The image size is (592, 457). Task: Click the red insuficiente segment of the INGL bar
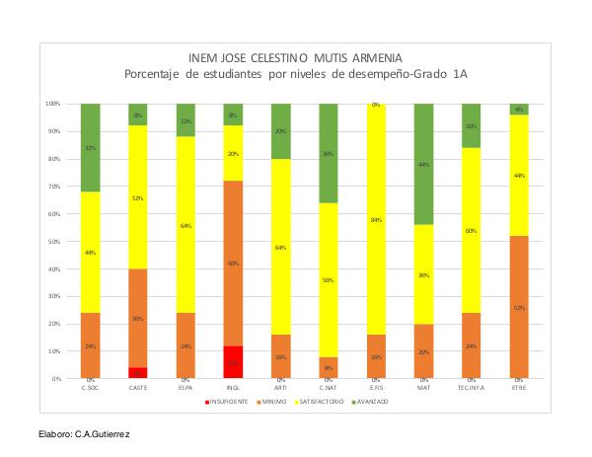233,362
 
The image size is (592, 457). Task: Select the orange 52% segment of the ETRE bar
519,307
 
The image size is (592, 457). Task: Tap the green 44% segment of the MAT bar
423,164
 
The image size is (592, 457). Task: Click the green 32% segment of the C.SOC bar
91,147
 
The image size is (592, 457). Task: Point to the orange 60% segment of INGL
233,264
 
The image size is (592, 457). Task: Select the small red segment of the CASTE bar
138,373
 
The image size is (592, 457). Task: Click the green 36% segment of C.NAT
329,153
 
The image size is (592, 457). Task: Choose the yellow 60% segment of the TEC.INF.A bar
472,230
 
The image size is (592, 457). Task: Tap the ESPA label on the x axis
185,386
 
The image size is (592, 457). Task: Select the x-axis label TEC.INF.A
472,386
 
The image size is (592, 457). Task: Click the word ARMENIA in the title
377,57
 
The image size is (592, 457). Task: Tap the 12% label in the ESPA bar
185,121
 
